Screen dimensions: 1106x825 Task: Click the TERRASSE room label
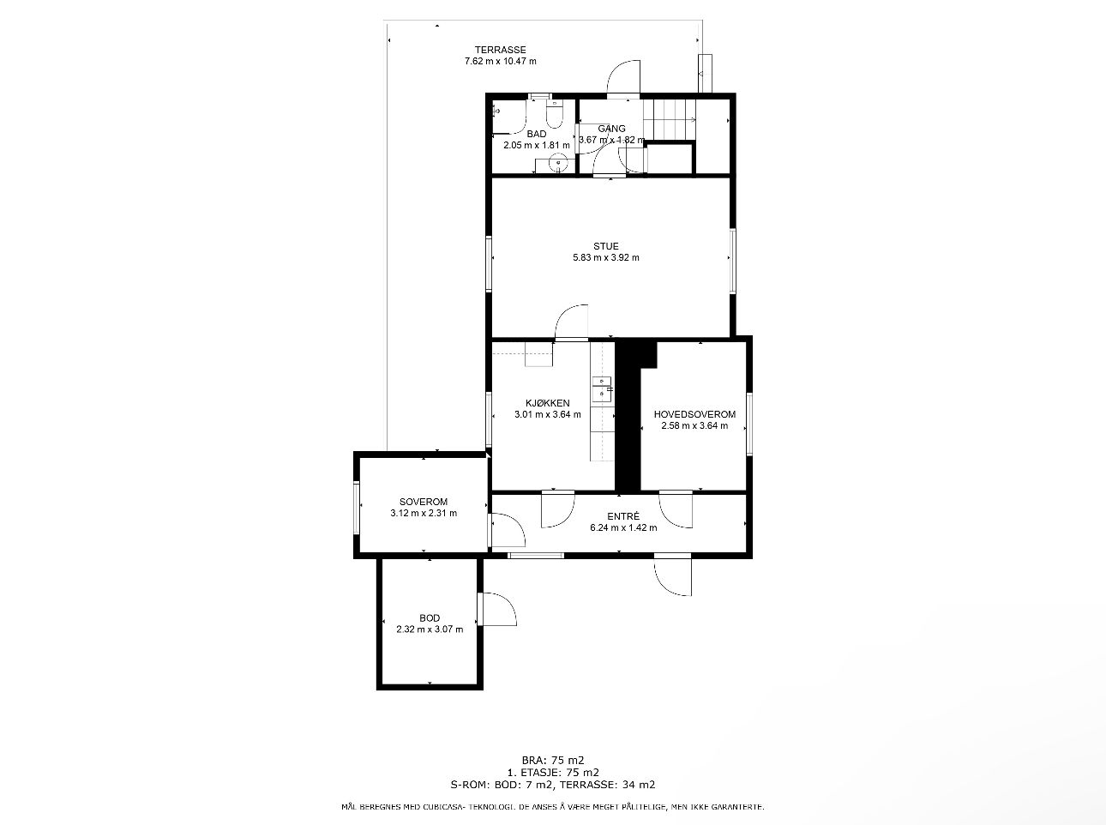click(x=500, y=50)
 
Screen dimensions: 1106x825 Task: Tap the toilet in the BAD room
click(x=554, y=114)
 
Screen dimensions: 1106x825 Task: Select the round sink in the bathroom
click(x=558, y=164)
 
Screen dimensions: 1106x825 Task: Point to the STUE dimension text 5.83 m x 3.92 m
click(x=605, y=257)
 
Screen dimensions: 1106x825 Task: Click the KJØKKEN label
click(x=547, y=403)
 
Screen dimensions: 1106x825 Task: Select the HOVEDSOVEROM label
click(x=694, y=414)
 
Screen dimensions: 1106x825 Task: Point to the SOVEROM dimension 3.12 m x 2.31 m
click(x=424, y=513)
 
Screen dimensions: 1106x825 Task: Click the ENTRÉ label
click(x=623, y=516)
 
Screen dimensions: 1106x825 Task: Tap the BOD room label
click(x=430, y=617)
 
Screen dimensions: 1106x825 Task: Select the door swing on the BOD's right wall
click(x=497, y=609)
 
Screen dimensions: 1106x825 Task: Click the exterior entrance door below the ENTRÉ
click(x=673, y=575)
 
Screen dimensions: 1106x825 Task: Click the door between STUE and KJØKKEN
click(x=571, y=322)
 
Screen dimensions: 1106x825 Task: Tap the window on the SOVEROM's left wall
click(x=357, y=508)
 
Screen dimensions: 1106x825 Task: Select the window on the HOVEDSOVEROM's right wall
click(x=749, y=424)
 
